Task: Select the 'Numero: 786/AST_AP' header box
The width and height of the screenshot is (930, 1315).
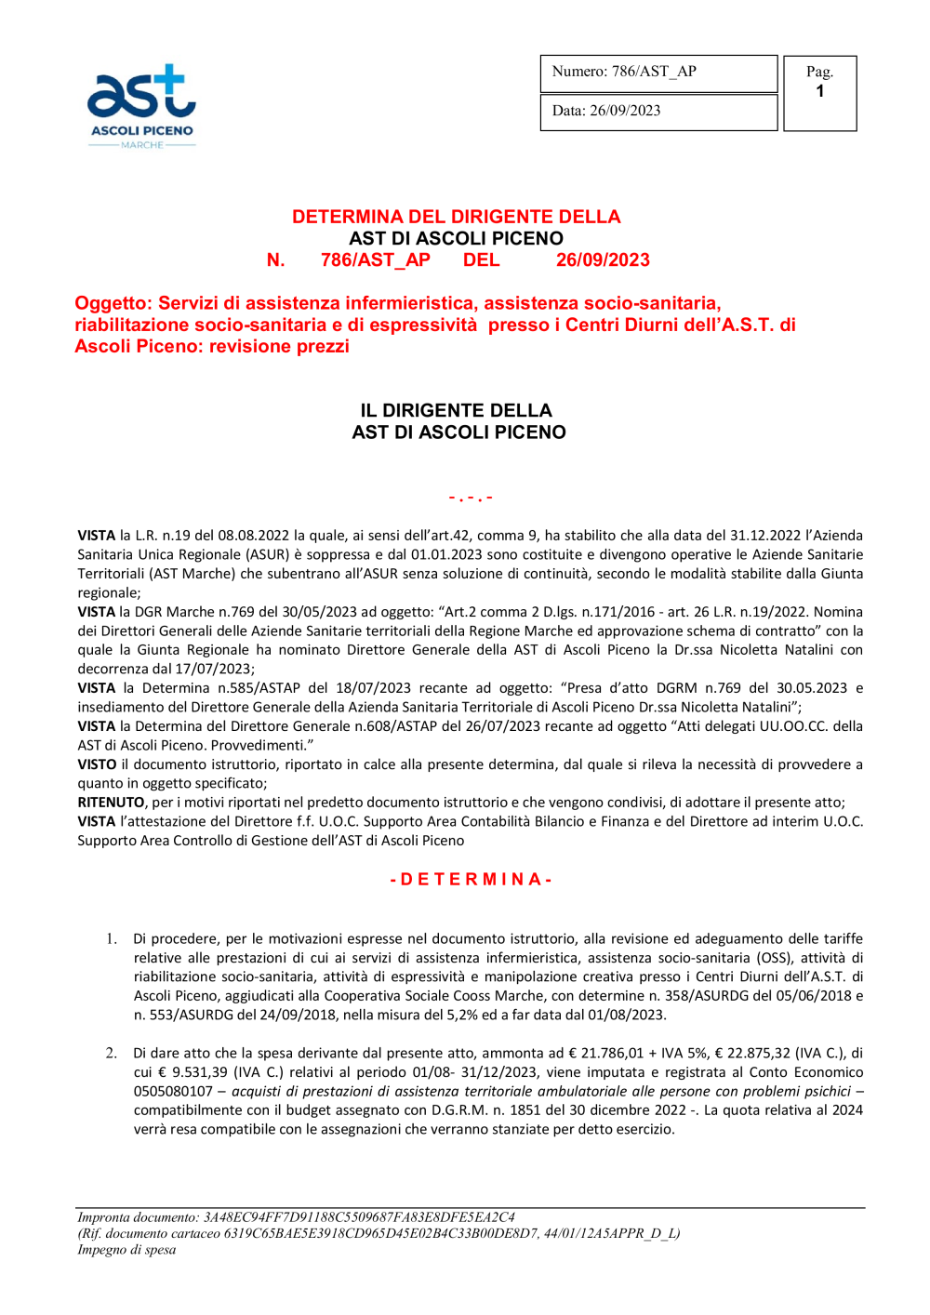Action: pos(658,73)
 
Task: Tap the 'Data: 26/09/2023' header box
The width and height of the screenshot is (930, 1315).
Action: pos(658,112)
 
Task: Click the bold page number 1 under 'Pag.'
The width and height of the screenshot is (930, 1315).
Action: pos(819,92)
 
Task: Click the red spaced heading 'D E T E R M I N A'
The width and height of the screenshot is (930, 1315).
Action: pos(471,880)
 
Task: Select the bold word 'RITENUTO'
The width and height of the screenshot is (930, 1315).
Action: pos(111,803)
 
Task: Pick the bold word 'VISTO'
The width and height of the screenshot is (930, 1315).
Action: pos(97,764)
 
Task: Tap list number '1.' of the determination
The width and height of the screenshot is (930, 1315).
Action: pos(112,939)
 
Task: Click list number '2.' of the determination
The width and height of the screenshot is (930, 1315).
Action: pos(112,1054)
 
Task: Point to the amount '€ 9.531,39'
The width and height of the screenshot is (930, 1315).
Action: pos(194,1072)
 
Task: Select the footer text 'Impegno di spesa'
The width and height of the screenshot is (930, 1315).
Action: pos(126,1250)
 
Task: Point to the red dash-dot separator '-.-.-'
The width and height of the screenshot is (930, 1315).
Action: pos(471,498)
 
